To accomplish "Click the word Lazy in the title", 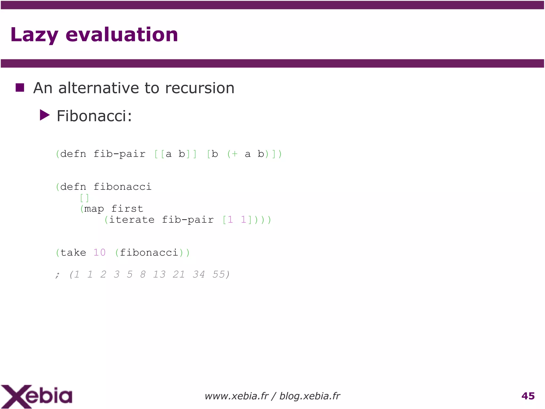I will point(34,35).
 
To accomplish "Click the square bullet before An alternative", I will point(20,87).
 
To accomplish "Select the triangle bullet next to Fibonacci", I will point(44,115).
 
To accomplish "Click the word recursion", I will point(200,88).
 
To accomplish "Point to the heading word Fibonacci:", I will point(94,116).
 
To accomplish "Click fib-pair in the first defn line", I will point(119,154).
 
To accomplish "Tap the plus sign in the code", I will point(234,154).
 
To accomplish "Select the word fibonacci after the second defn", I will point(122,187).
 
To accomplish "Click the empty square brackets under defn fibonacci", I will point(84,198).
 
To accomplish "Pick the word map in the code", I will point(94,209).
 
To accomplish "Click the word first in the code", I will point(127,209).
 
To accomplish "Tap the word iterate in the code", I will point(132,220).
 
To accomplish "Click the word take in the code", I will point(73,253).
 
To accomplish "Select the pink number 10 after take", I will point(100,253).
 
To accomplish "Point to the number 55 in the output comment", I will point(219,274).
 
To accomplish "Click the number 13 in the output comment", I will point(159,274).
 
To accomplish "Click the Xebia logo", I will point(36,396).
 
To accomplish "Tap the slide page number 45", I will point(528,396).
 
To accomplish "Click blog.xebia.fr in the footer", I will point(310,396).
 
